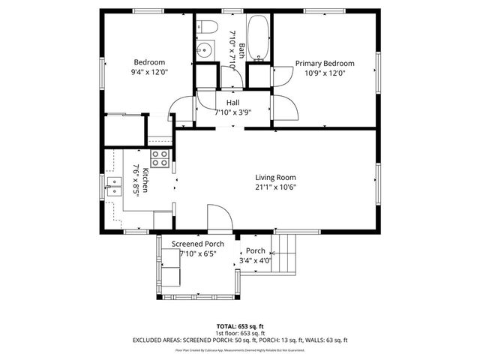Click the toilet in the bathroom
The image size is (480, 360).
point(207,28)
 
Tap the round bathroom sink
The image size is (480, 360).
point(203,51)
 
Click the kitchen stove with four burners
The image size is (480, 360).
point(159,158)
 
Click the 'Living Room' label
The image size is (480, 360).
point(276,177)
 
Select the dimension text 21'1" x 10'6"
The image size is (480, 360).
point(276,187)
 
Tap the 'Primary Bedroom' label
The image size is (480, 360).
point(324,64)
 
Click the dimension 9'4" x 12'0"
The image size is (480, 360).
point(149,73)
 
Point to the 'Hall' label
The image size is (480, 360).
point(232,102)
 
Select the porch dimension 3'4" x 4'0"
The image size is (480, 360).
point(255,261)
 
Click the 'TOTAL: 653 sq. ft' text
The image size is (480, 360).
point(240,326)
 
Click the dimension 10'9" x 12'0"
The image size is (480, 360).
point(324,73)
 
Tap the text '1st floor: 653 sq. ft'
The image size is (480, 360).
point(240,333)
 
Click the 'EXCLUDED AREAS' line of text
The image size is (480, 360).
point(240,340)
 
